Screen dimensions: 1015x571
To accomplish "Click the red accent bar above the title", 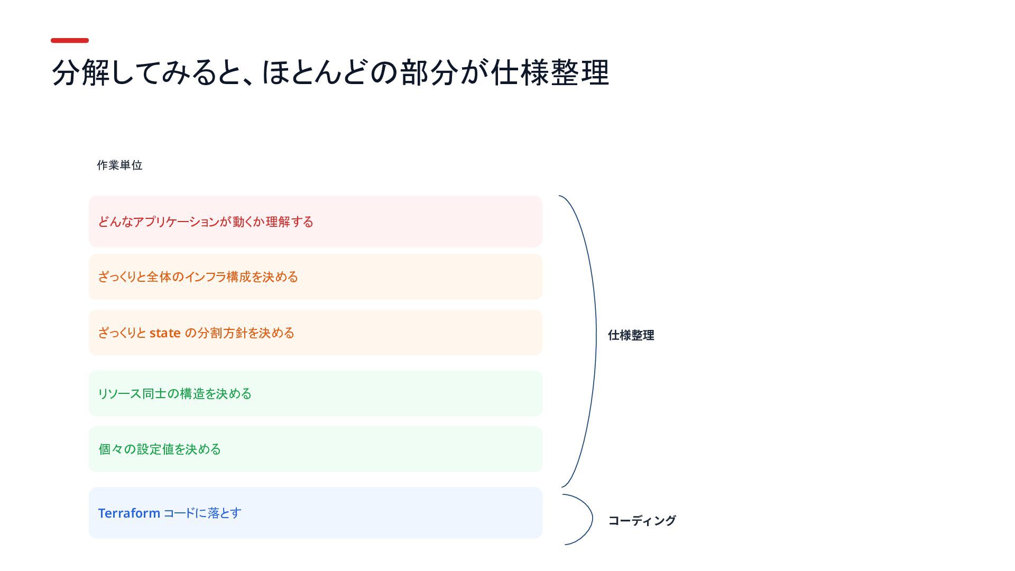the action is tap(70, 40).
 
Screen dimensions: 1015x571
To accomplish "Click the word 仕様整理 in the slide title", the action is tap(550, 72).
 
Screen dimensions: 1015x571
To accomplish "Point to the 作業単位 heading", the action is tap(119, 165).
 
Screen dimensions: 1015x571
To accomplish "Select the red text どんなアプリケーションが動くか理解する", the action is tap(206, 222).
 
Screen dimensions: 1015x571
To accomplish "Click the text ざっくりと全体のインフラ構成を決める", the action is tap(198, 277).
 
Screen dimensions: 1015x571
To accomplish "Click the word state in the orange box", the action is tap(165, 333).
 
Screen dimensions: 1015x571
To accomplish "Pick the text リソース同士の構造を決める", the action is tap(175, 394).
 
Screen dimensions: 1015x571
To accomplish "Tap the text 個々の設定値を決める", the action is tap(160, 449).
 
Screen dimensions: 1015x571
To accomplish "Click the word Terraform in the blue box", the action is tap(129, 513).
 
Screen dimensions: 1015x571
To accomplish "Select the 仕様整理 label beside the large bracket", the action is tap(631, 335).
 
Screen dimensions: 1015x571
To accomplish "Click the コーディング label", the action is tap(642, 521).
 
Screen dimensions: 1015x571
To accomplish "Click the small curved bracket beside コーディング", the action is tap(592, 519).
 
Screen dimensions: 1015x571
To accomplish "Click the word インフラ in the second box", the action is tap(205, 277).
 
